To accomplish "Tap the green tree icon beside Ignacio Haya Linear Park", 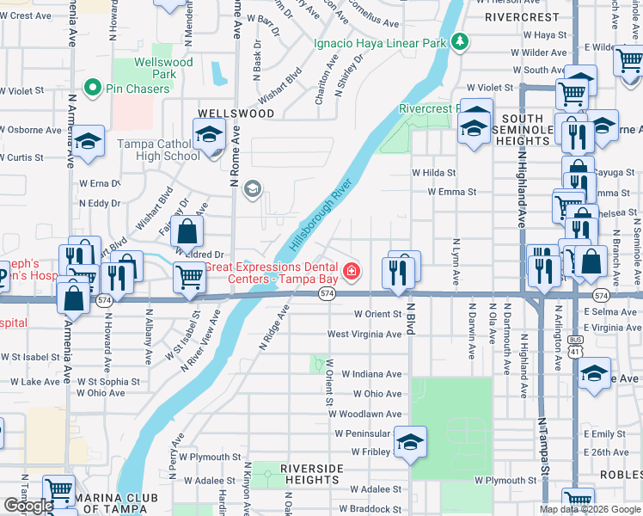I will [x=461, y=40].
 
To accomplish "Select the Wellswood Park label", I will [x=163, y=68].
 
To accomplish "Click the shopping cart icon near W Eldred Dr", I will [x=189, y=276].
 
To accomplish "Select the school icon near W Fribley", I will [x=411, y=442].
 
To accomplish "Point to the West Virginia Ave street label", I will [x=364, y=334].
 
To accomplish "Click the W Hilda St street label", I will [x=433, y=172].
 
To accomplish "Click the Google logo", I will [x=28, y=505].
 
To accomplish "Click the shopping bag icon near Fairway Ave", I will [x=187, y=231].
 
